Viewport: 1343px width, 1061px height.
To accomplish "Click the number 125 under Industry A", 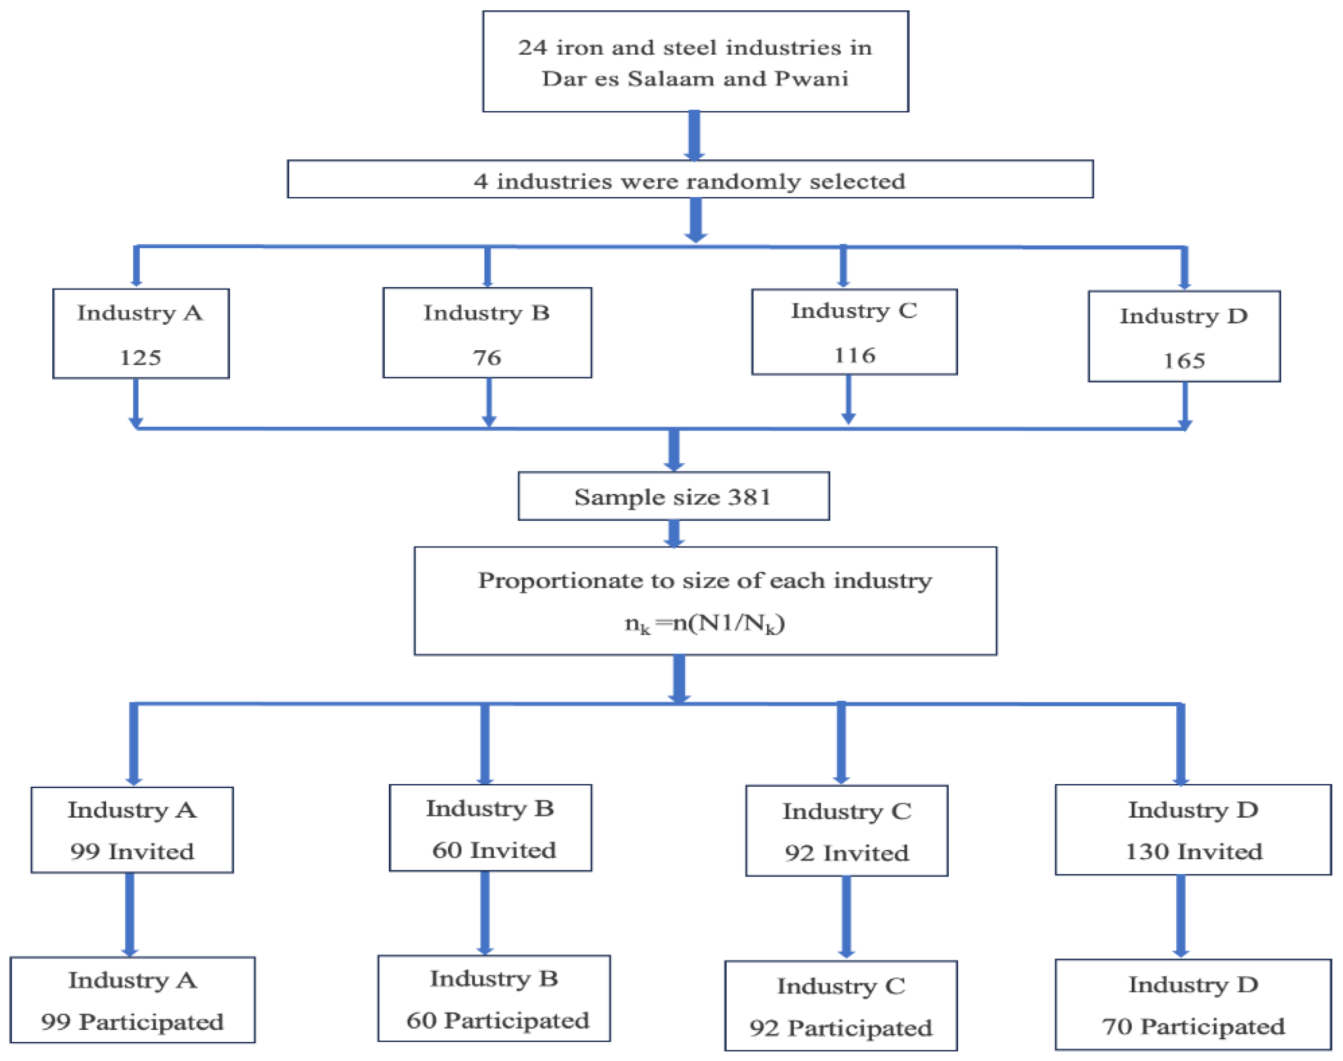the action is click(141, 358).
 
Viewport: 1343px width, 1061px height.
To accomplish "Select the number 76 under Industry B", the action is click(486, 358).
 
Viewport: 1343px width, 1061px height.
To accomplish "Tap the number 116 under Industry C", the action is click(854, 355).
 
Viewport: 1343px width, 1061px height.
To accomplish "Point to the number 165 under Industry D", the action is click(1184, 360).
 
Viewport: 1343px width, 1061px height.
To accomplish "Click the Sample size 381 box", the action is click(673, 496).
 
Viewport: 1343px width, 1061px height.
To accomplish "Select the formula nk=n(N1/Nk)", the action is click(705, 623).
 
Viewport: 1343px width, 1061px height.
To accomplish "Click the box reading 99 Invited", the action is click(132, 830).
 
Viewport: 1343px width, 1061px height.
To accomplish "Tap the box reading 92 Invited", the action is click(847, 831).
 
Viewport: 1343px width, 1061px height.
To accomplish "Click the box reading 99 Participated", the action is click(132, 1000).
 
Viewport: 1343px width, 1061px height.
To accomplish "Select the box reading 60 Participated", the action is click(494, 998).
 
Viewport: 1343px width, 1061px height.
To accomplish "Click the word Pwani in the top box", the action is click(811, 79).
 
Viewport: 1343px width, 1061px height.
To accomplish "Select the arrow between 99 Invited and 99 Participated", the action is click(129, 915).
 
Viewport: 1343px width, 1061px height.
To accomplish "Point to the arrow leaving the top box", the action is click(695, 136).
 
